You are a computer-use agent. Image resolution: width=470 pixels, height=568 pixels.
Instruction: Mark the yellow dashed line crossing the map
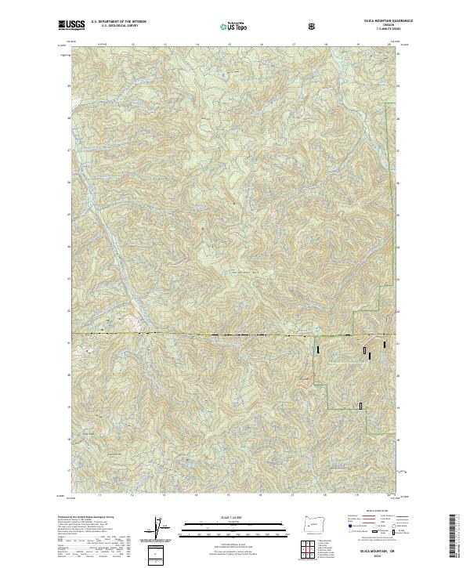pos(235,335)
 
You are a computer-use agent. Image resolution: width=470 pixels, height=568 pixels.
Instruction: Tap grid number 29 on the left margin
pos(70,85)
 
